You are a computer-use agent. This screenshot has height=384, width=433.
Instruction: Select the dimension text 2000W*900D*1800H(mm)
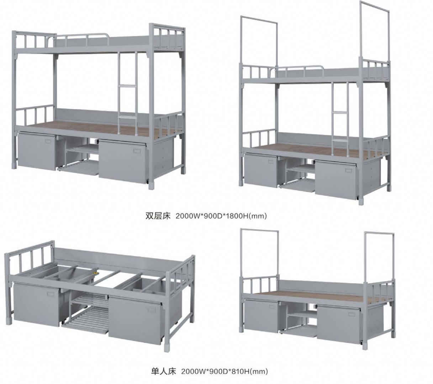221,216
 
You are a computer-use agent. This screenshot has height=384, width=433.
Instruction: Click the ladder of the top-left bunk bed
127,85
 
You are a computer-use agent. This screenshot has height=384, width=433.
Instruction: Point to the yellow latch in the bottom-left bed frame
95,273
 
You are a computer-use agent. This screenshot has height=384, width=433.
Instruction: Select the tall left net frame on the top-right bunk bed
259,43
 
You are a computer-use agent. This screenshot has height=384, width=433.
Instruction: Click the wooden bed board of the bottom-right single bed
313,294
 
